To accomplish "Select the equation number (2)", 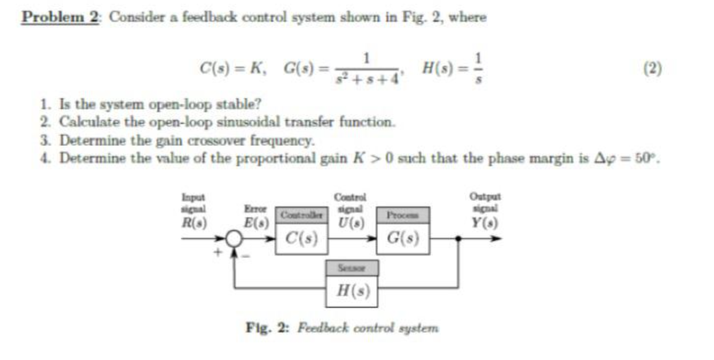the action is pos(652,68).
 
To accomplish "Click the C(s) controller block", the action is pos(301,239).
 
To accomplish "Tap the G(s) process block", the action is pos(403,239).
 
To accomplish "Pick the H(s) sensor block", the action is pos(352,291).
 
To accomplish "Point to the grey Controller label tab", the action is pos(301,215).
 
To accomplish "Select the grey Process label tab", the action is pos(403,215).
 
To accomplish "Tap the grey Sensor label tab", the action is pos(352,268).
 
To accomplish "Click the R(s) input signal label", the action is pos(194,223).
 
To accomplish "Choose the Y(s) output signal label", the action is pos(484,223).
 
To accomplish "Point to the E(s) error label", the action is pos(256,223).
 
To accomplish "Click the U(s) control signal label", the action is pos(350,223).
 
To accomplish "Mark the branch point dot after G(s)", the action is pos(458,239).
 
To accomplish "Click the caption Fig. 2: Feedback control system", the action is pos(342,328).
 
